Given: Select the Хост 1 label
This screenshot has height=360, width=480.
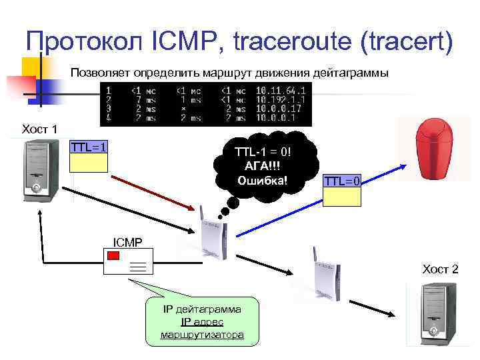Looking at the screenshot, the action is coord(40,129).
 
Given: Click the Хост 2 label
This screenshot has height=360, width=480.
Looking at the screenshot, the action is coord(440,269).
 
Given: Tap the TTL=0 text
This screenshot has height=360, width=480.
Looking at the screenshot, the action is coord(342,181).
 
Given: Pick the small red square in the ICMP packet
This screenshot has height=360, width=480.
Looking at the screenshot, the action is coord(113,255).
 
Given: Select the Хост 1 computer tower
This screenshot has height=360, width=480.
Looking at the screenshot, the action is coord(38,170).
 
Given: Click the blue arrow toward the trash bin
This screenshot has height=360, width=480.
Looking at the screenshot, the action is coord(313,198).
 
